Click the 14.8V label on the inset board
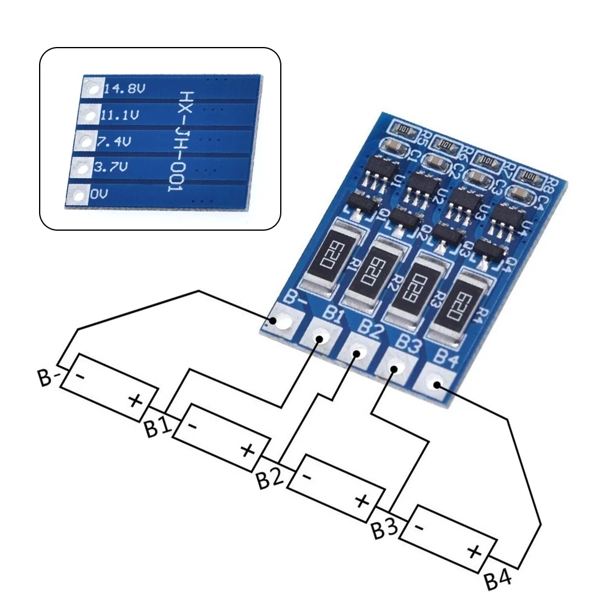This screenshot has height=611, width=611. point(125,89)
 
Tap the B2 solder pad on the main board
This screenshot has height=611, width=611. point(358,352)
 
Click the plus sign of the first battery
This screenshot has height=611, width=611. point(135,400)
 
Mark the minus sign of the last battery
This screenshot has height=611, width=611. point(419,526)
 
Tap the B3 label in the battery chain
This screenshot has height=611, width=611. point(385,530)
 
